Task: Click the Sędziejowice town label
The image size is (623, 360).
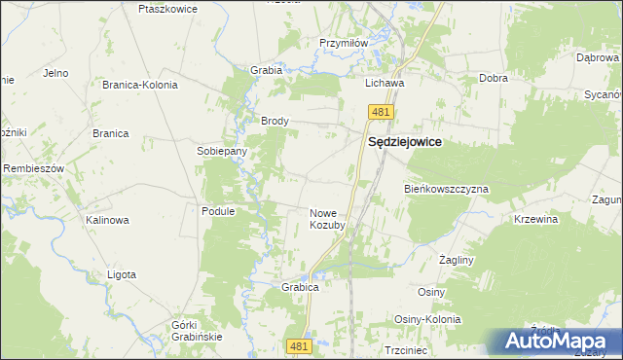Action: tap(404, 142)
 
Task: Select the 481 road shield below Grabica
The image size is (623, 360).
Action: tap(300, 345)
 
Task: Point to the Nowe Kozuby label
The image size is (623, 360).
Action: tap(327, 219)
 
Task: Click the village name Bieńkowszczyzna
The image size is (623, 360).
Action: tap(446, 188)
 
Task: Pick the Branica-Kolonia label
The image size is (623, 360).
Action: tap(140, 85)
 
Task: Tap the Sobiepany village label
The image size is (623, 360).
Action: tap(222, 152)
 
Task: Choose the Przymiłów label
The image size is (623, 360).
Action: tap(344, 43)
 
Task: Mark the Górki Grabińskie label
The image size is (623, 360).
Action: tap(197, 330)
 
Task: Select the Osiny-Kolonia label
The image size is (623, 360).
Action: tap(426, 319)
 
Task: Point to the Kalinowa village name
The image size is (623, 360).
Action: tap(107, 220)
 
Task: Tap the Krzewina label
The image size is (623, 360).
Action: tap(535, 220)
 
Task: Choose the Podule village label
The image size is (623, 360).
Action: tap(219, 211)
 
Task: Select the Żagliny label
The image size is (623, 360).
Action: tap(456, 261)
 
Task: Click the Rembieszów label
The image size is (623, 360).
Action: tap(33, 168)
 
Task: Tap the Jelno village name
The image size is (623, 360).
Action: tap(55, 73)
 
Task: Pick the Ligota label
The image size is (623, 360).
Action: tap(121, 274)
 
